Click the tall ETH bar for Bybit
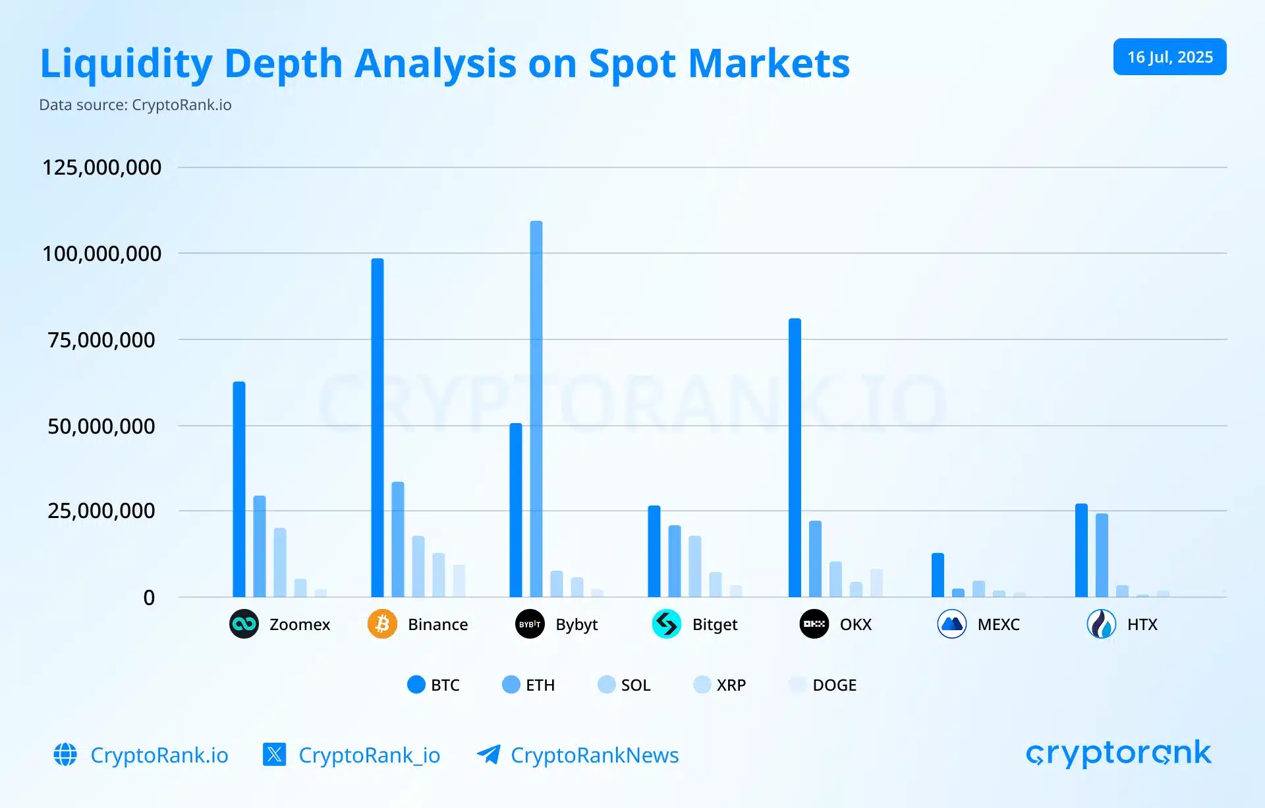(x=536, y=409)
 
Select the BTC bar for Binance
(x=377, y=428)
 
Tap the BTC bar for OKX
(x=795, y=458)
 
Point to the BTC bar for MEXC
(x=938, y=575)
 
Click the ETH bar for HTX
(x=1102, y=555)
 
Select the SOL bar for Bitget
(x=694, y=566)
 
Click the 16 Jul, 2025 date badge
(x=1169, y=57)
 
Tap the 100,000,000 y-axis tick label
(x=101, y=254)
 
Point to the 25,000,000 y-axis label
(x=101, y=511)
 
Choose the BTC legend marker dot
(x=416, y=685)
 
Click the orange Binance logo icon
(x=382, y=623)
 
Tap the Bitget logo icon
(x=666, y=623)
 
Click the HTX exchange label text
(x=1142, y=624)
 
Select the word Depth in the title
(x=283, y=64)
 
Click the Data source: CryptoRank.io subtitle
(x=135, y=105)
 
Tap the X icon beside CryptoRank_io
(x=274, y=754)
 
